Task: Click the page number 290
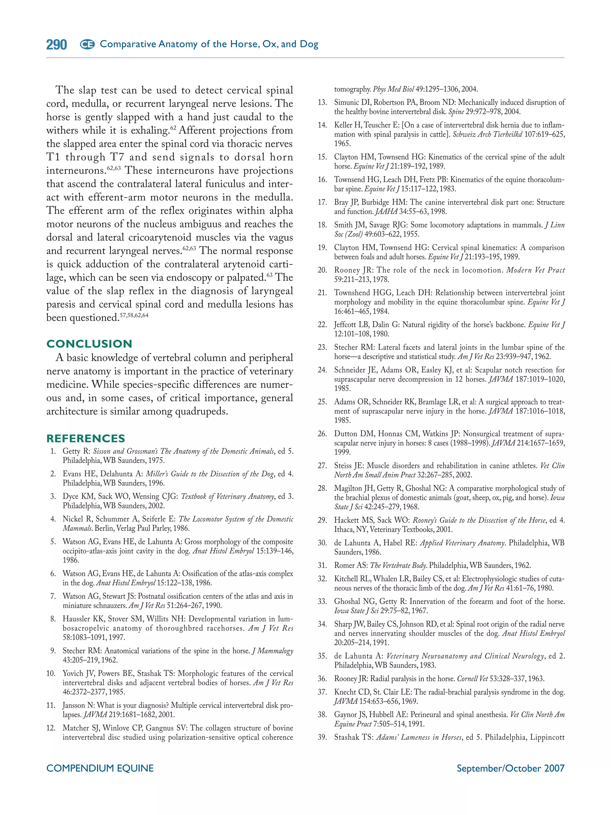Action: (x=56, y=44)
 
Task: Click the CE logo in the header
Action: (x=87, y=44)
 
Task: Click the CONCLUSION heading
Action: (x=89, y=344)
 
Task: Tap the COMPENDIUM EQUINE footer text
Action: (x=100, y=768)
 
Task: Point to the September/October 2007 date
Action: (x=510, y=768)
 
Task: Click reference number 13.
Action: (x=322, y=102)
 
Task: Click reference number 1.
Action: (x=53, y=451)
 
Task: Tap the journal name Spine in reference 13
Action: (x=456, y=112)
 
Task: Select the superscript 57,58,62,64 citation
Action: (x=134, y=315)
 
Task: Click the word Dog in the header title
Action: (x=308, y=44)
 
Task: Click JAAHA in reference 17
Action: (x=386, y=212)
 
